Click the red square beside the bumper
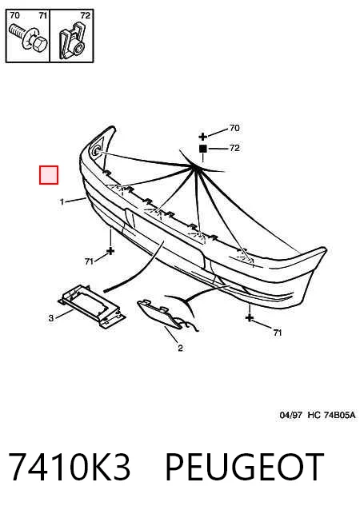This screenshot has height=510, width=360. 49,175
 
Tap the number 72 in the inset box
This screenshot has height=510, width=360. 85,16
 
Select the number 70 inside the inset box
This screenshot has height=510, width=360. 14,15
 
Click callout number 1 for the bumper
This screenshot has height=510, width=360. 62,202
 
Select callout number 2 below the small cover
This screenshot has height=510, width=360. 180,349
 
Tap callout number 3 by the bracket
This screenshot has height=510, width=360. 50,318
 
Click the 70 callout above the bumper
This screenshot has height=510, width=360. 234,128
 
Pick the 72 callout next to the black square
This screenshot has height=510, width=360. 234,148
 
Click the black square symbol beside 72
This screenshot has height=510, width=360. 202,149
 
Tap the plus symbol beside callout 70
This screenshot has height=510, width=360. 202,137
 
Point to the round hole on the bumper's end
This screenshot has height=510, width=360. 97,151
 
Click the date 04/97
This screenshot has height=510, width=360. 290,415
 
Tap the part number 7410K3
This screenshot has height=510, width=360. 70,467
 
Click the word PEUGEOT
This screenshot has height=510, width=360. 245,467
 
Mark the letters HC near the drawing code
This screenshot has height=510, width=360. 314,415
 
